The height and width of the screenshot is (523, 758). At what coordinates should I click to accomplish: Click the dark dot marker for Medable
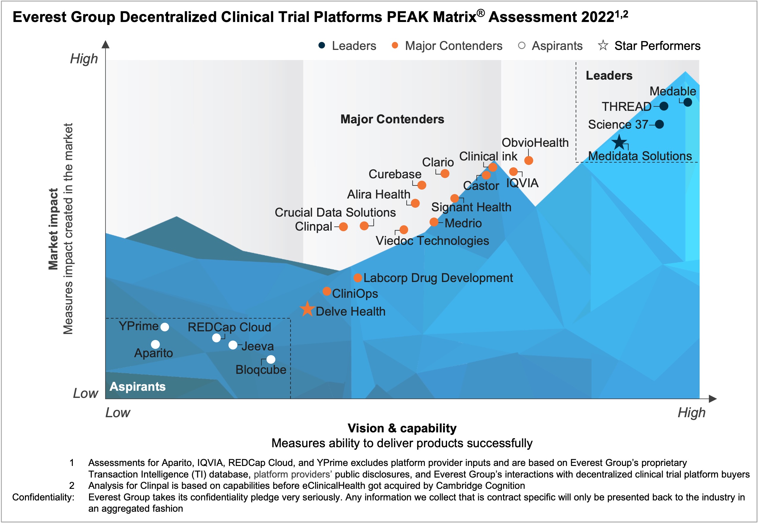[688, 102]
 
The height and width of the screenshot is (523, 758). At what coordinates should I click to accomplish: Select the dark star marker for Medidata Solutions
[619, 143]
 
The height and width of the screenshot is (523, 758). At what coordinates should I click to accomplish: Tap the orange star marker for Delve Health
[307, 309]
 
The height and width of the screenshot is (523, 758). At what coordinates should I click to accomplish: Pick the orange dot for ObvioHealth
[528, 160]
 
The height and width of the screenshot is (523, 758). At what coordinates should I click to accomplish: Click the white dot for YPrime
[165, 327]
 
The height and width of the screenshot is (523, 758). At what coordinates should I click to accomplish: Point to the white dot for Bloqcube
[271, 359]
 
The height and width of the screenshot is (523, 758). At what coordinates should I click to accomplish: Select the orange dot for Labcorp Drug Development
[358, 278]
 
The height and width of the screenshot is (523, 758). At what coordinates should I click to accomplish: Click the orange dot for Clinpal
[343, 226]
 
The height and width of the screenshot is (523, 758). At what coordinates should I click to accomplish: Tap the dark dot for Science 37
[659, 124]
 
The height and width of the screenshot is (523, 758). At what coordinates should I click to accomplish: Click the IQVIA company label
[522, 183]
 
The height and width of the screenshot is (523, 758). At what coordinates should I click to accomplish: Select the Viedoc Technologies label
[432, 240]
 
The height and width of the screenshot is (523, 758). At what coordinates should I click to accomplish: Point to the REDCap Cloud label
[229, 327]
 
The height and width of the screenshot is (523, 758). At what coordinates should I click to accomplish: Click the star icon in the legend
[603, 45]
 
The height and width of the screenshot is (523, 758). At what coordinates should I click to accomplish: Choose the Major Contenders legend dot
[395, 45]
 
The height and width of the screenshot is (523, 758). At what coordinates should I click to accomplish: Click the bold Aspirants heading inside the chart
[138, 386]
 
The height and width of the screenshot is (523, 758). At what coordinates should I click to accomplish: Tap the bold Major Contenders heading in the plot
[392, 119]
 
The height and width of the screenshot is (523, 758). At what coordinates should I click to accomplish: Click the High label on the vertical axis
[84, 59]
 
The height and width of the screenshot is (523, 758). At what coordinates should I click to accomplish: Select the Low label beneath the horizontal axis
[118, 412]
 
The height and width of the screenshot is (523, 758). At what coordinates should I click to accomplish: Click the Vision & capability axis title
[402, 428]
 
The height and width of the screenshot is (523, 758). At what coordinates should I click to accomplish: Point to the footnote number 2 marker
[72, 485]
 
